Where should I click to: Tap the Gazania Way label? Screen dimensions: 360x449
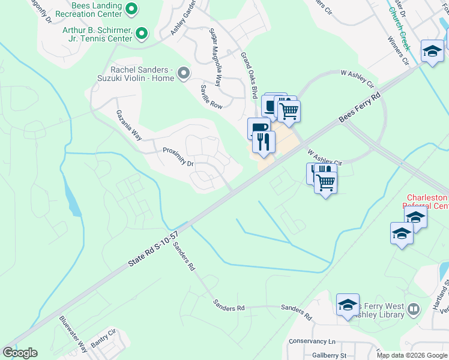(128, 125)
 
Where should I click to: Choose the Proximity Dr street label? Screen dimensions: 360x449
(179, 155)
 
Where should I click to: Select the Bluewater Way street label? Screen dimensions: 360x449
(73, 329)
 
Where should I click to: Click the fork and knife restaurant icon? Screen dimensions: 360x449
(264, 142)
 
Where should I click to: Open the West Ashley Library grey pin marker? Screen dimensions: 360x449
(413, 310)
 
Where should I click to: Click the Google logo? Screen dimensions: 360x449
(20, 353)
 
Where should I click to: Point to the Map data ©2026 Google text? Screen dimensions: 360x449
(411, 355)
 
